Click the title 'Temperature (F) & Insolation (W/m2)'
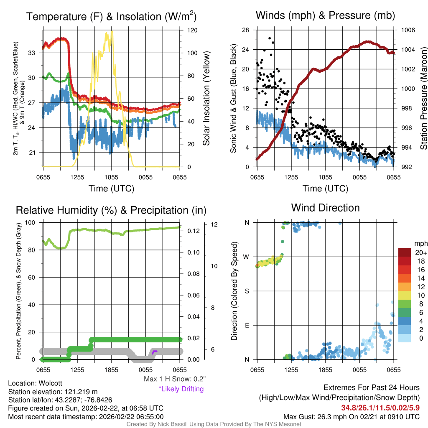tap(111, 17)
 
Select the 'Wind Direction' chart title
tap(325, 208)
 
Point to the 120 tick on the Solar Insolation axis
tap(192, 31)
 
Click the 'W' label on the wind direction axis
tap(247, 257)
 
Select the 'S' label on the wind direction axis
tap(247, 291)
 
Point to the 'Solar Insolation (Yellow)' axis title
tap(206, 98)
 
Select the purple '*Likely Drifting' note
tap(181, 389)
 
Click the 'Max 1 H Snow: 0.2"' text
tap(174, 379)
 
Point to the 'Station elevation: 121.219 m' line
tap(53, 392)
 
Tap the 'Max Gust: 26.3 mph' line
tap(351, 417)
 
